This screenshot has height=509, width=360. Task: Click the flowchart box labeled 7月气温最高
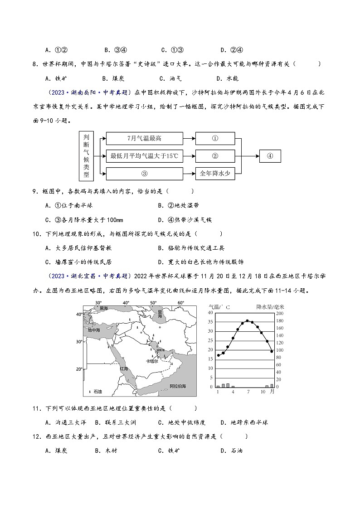(x=145, y=138)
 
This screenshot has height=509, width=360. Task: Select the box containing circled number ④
(x=270, y=156)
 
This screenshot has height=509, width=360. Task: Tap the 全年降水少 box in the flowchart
(x=215, y=173)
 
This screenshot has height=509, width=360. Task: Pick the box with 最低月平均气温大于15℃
(x=145, y=156)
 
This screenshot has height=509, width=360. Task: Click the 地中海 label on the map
(x=94, y=330)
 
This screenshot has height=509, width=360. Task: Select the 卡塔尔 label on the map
(x=151, y=361)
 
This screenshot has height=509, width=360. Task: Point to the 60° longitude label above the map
(x=180, y=303)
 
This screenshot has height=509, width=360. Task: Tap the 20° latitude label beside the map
(x=79, y=369)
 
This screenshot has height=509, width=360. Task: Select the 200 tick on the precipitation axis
(x=279, y=313)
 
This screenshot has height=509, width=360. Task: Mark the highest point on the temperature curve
(x=247, y=320)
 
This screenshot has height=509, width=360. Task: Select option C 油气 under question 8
(x=171, y=78)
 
